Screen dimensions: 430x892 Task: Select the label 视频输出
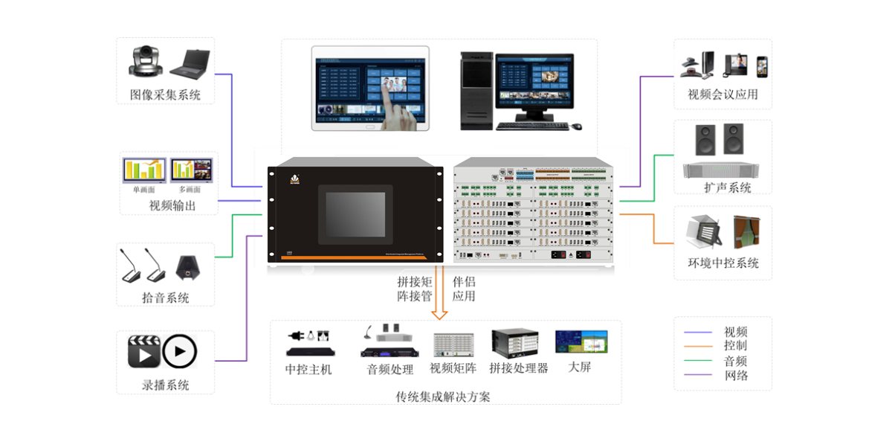(x=172, y=205)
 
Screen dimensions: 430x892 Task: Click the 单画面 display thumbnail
(x=144, y=170)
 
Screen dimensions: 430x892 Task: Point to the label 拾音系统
(x=165, y=298)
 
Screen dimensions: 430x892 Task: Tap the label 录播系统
(x=165, y=385)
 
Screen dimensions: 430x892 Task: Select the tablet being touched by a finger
(x=370, y=88)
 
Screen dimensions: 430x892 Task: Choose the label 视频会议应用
(x=723, y=95)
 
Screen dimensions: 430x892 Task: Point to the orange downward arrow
(x=439, y=298)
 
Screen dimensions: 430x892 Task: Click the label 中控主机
(x=308, y=369)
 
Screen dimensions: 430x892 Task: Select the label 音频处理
(x=390, y=369)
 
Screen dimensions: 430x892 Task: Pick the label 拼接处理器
(x=518, y=368)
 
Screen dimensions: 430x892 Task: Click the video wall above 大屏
(x=581, y=341)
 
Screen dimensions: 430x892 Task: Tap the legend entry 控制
(x=735, y=346)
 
